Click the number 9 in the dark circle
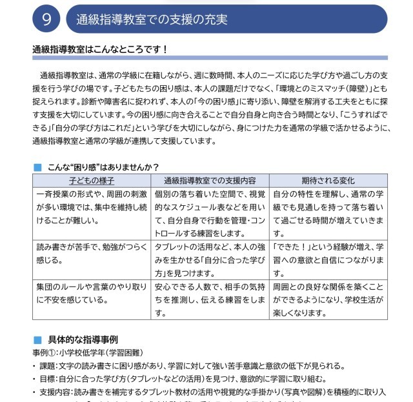point(46,19)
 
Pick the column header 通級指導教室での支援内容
point(210,181)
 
